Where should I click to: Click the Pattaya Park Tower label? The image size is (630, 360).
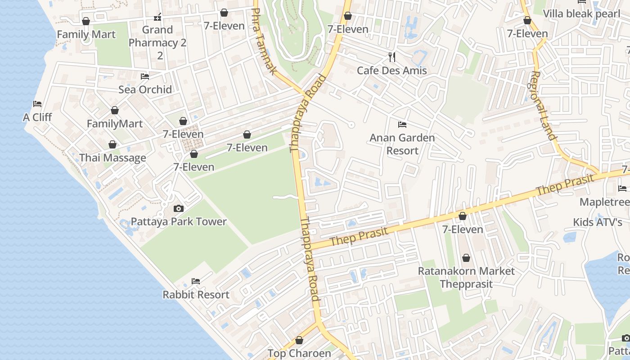(x=179, y=221)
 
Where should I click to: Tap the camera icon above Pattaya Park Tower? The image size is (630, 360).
(x=179, y=208)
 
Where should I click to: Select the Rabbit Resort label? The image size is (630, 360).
(x=196, y=295)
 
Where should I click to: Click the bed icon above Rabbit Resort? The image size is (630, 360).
(x=196, y=281)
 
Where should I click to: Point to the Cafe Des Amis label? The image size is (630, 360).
(x=391, y=70)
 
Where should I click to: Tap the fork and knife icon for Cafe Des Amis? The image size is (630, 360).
(x=392, y=57)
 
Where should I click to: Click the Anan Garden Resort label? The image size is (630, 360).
(x=402, y=144)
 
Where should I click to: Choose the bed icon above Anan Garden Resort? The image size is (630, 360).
(x=402, y=124)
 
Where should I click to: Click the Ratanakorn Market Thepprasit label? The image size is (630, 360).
(x=466, y=277)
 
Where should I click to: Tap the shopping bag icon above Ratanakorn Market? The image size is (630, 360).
(x=466, y=258)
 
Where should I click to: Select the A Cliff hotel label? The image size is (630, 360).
(x=37, y=117)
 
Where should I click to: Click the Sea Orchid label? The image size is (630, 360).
(x=145, y=89)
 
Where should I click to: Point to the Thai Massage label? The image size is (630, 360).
(x=112, y=158)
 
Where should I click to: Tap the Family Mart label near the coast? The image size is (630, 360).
(x=86, y=34)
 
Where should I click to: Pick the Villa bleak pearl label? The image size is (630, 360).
(x=581, y=13)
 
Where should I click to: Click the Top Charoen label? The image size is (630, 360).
(x=299, y=353)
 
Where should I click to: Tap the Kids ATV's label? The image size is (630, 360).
(x=597, y=222)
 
